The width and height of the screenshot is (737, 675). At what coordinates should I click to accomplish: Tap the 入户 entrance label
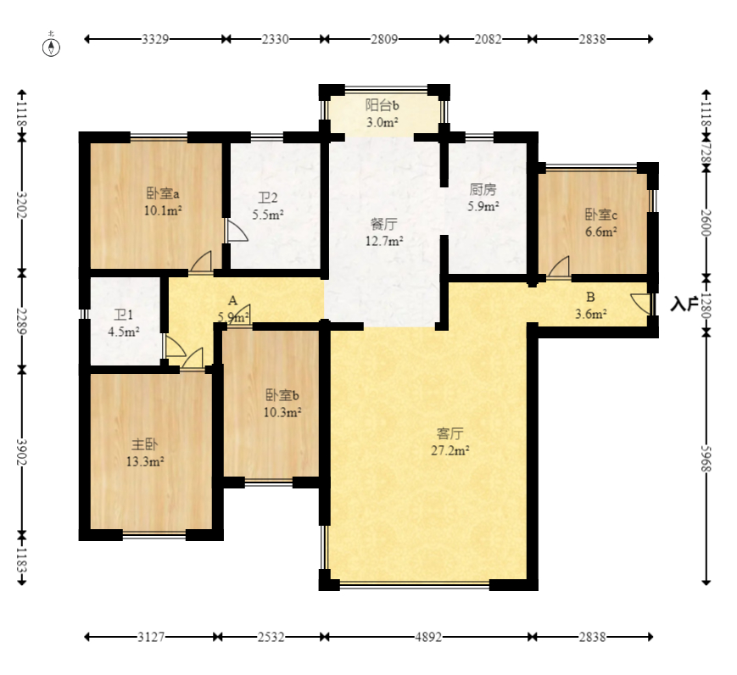[684, 304]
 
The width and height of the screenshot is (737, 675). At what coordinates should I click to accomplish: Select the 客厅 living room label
[449, 433]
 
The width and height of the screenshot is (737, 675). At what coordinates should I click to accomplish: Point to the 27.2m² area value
[450, 450]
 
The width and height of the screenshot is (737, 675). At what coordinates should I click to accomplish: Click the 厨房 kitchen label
[483, 189]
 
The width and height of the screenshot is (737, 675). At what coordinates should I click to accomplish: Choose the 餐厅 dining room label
[384, 223]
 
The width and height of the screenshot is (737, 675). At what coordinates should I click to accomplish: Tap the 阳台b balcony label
[382, 105]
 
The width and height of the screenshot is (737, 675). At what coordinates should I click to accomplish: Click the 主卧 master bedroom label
[144, 443]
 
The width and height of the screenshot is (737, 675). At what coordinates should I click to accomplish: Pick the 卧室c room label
[601, 215]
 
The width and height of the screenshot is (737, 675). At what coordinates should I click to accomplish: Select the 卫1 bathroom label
[124, 314]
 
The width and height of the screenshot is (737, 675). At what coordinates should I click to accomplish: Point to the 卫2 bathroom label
[267, 198]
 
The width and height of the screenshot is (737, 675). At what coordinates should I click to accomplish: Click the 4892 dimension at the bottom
[428, 637]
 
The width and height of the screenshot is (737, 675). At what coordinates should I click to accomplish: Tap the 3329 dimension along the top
[155, 39]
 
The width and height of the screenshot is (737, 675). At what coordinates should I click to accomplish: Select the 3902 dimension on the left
[21, 452]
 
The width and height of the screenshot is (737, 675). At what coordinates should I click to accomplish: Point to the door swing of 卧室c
[558, 266]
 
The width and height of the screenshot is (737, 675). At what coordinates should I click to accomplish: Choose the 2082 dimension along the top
[488, 39]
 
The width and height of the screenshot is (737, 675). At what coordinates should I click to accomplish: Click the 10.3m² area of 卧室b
[282, 413]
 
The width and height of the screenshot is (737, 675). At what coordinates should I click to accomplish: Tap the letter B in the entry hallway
[590, 297]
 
